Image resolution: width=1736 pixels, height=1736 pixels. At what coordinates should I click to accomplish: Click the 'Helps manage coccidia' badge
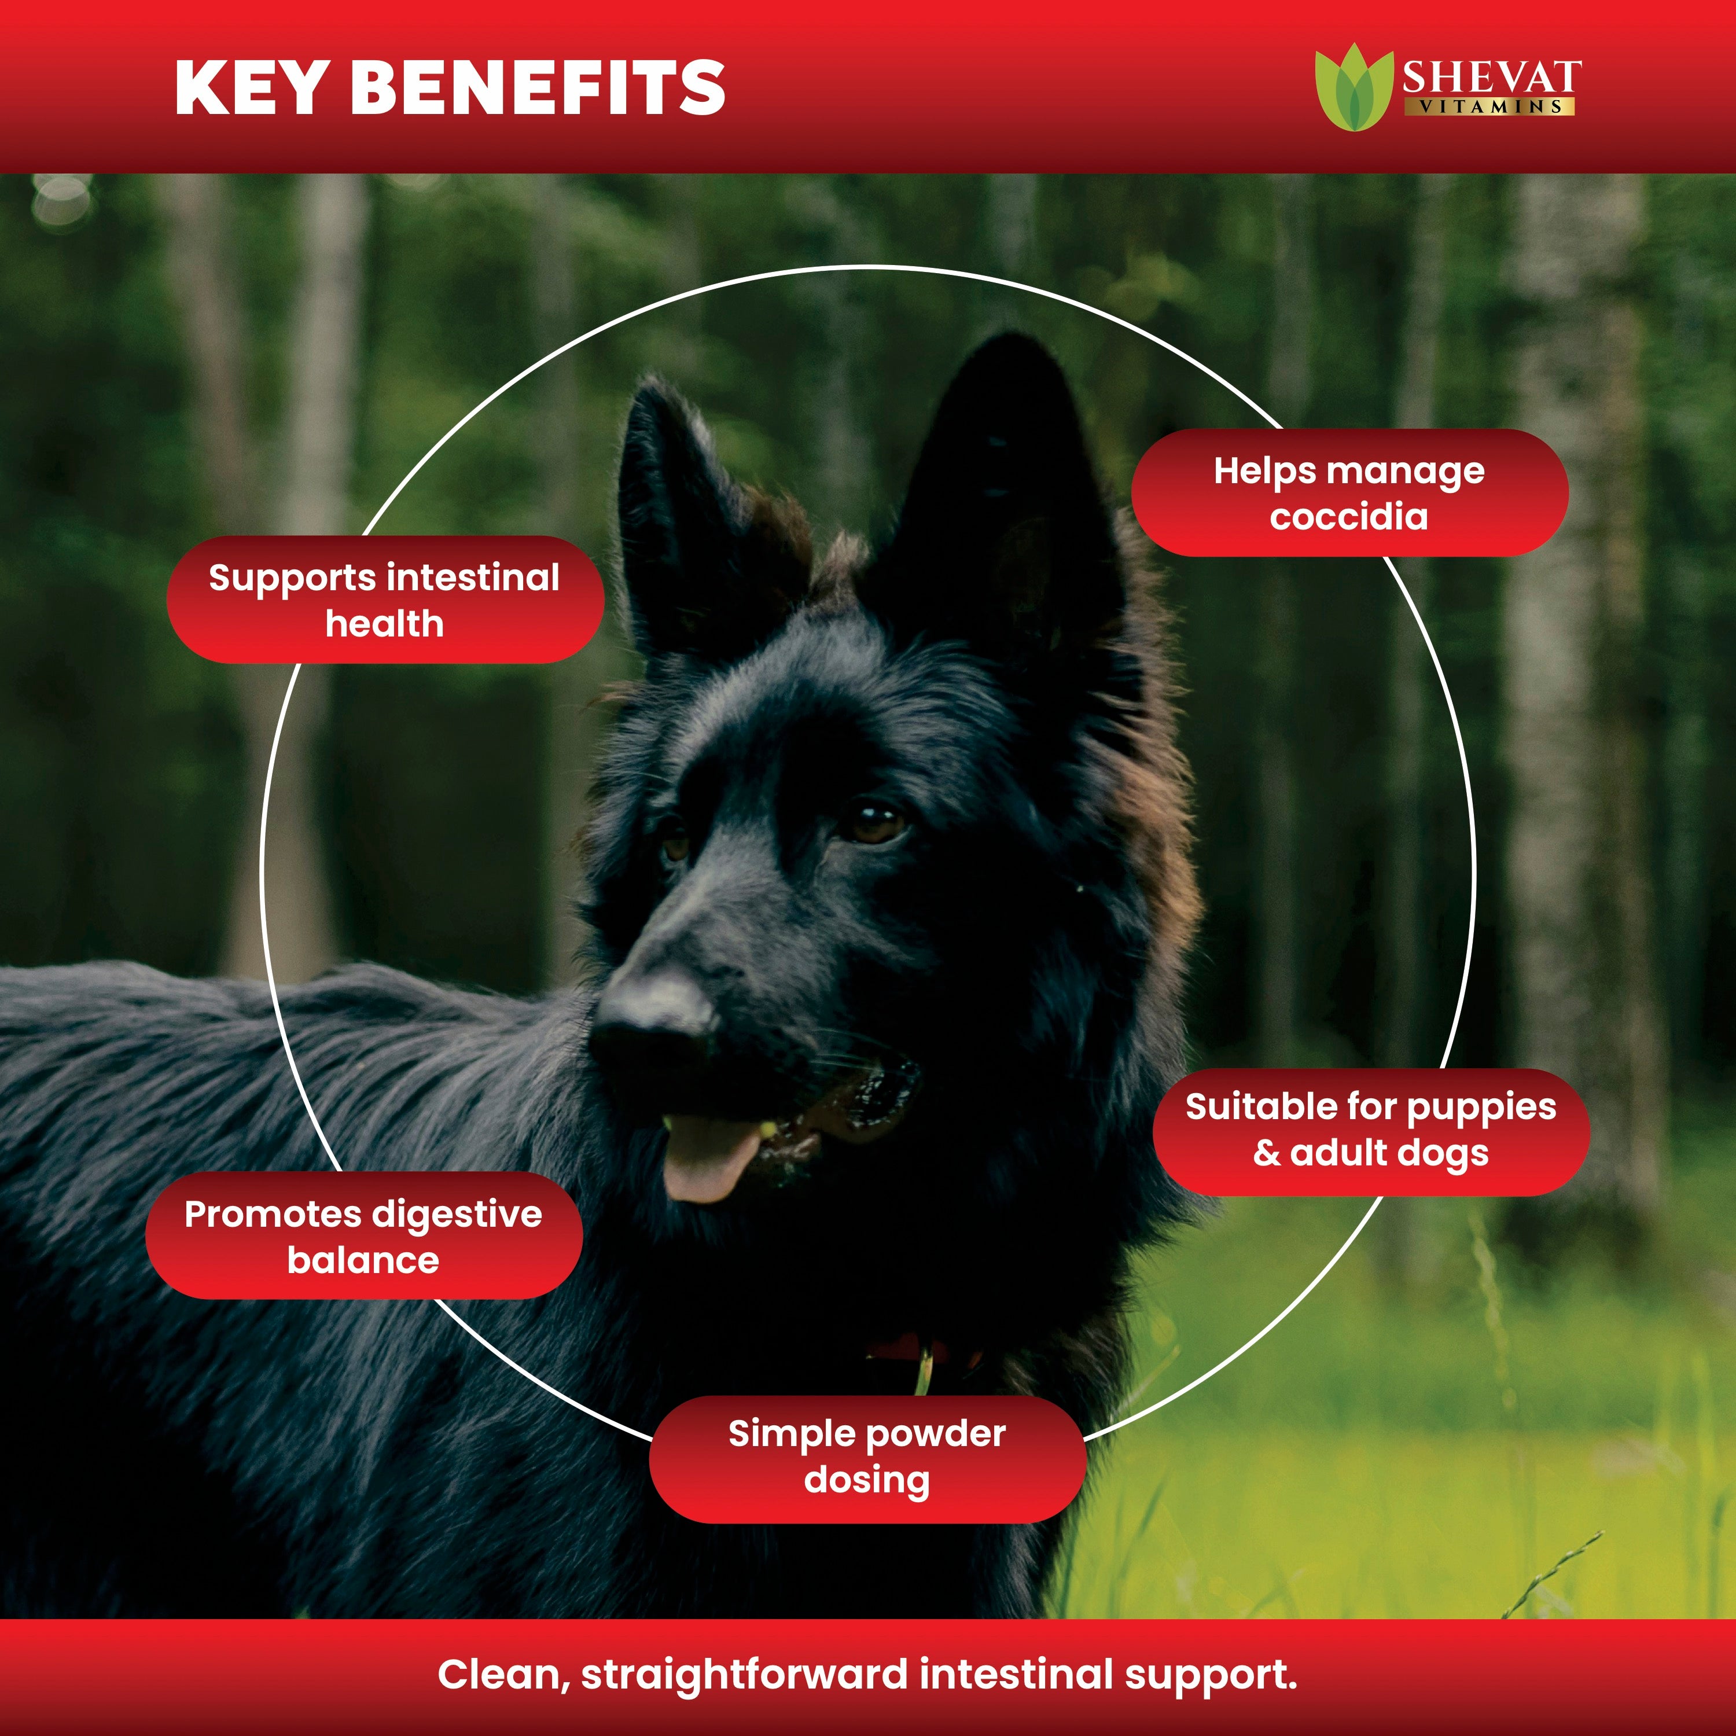click(x=1349, y=492)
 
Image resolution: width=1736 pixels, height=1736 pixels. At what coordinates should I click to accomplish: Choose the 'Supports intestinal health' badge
click(x=385, y=599)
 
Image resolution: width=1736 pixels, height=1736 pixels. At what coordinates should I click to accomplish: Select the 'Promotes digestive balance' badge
click(x=364, y=1235)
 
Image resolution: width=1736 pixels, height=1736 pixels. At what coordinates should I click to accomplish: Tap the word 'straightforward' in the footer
click(x=745, y=1675)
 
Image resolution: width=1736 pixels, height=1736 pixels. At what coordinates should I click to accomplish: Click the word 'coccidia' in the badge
click(x=1349, y=517)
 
